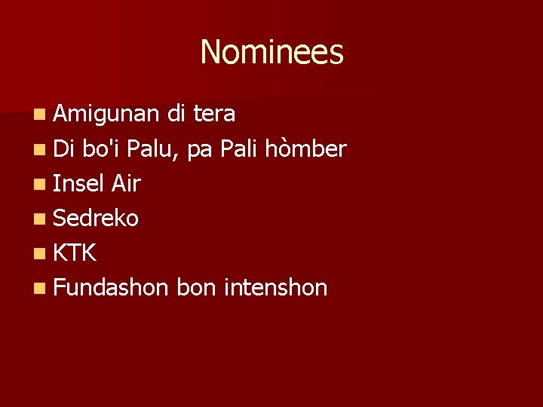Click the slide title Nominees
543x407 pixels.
(x=271, y=52)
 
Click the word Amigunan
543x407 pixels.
(x=106, y=114)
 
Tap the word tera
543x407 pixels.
(x=214, y=114)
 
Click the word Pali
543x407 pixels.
(x=239, y=149)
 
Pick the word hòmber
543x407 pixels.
(x=305, y=149)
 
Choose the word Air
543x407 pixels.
(x=126, y=183)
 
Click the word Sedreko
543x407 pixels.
(x=96, y=219)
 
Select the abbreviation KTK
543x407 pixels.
(x=75, y=253)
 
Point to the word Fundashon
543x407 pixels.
(x=110, y=288)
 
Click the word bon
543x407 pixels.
(x=195, y=288)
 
